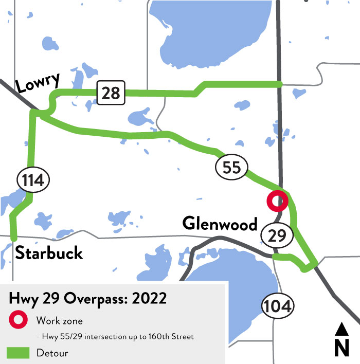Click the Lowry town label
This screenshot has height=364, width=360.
tap(38, 83)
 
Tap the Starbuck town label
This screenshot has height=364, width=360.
tap(49, 252)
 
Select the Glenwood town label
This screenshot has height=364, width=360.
tap(220, 224)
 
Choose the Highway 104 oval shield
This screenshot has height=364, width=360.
tap(278, 306)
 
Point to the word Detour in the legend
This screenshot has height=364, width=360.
tap(52, 353)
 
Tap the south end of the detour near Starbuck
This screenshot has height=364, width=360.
tap(14, 238)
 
